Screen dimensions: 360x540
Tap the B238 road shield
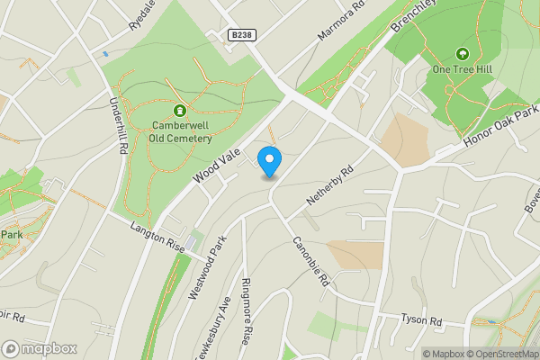(x=240, y=35)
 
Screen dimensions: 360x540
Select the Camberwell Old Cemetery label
(x=181, y=131)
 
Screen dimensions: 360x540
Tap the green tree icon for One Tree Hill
(x=463, y=54)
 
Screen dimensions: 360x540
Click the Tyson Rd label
(x=422, y=320)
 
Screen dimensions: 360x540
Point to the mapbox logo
(x=40, y=348)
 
